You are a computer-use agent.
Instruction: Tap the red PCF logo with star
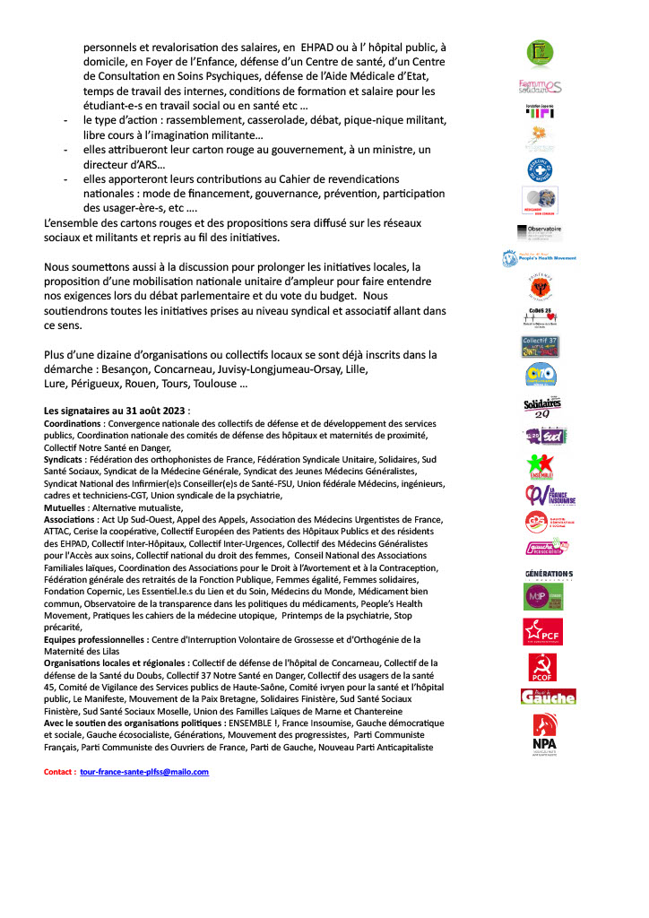click(541, 632)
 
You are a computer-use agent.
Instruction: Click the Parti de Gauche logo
click(548, 697)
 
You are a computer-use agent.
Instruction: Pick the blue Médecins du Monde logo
click(540, 169)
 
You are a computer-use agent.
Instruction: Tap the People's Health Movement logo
click(540, 259)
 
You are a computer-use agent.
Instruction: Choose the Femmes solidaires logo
click(541, 86)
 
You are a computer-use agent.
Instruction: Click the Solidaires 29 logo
click(541, 405)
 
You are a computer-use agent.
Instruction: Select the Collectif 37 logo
click(541, 347)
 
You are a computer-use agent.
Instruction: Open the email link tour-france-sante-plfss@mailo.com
click(144, 771)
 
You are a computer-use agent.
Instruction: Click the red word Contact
click(59, 771)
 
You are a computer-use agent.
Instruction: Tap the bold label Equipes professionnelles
click(103, 639)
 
